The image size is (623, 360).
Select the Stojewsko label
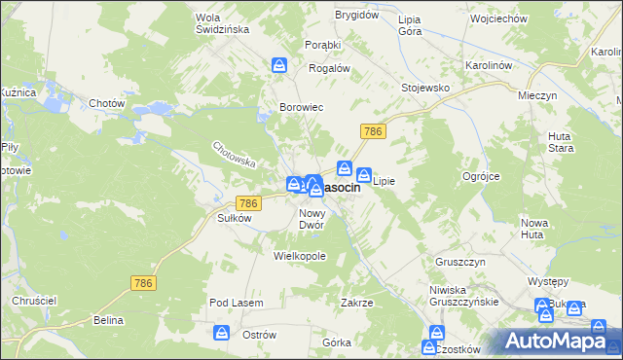(x=425, y=88)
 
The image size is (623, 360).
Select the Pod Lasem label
(x=237, y=304)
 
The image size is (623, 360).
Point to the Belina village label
(x=108, y=320)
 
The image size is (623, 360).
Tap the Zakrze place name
(x=357, y=303)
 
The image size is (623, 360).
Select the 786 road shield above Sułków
(x=248, y=202)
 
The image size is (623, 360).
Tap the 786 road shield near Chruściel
(x=142, y=282)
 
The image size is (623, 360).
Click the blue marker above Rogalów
(x=279, y=65)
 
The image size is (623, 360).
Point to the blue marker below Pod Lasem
(x=221, y=334)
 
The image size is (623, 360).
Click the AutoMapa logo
(x=561, y=341)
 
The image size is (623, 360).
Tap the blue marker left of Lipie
(x=364, y=176)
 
